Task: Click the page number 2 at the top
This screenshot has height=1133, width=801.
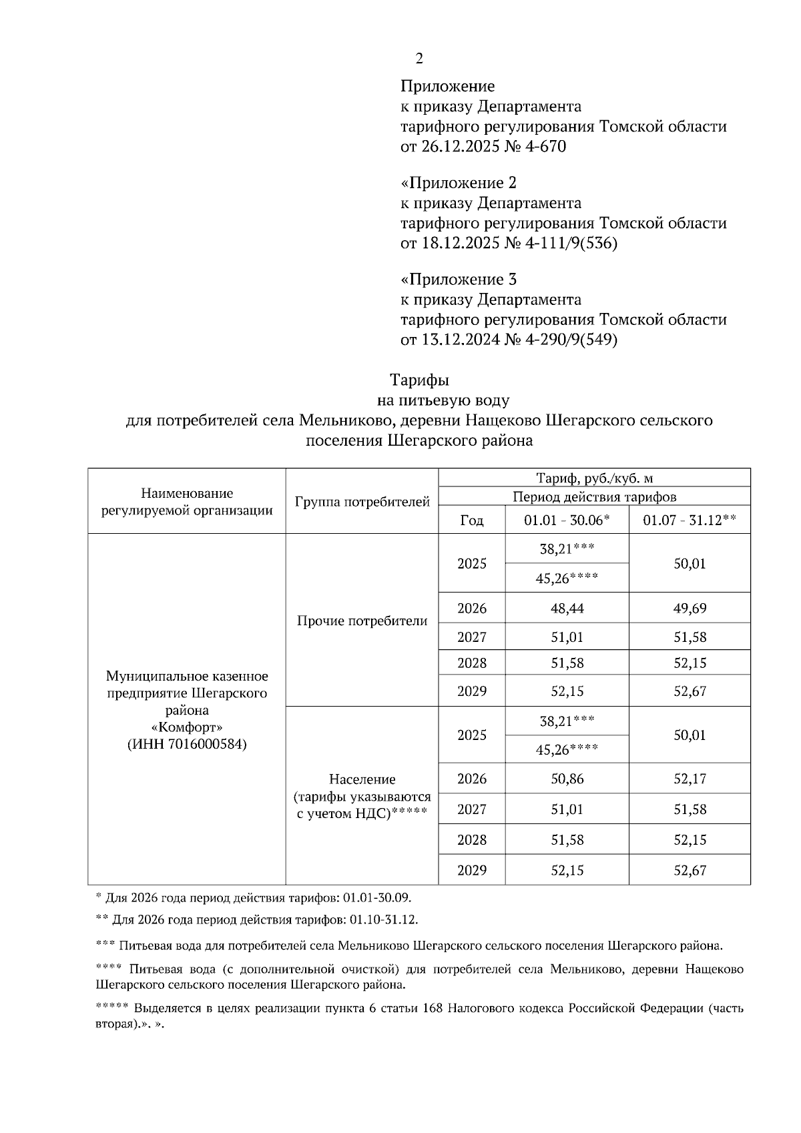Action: [419, 59]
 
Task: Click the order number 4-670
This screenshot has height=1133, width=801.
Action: [545, 146]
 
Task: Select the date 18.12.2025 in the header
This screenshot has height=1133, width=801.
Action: [460, 244]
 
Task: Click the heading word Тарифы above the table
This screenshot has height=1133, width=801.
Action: [419, 380]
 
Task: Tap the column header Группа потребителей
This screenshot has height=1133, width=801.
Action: [362, 502]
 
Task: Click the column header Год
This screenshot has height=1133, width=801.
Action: [471, 520]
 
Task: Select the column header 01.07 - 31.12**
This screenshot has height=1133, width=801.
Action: [690, 520]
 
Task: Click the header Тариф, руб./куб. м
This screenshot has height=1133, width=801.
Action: [594, 478]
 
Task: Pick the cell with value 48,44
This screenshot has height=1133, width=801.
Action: [567, 609]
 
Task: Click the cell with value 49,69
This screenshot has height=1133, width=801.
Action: [690, 609]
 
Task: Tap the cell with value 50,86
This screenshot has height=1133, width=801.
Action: [567, 779]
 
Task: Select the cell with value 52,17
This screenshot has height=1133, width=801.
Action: [690, 779]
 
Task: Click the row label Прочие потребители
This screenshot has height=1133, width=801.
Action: [362, 621]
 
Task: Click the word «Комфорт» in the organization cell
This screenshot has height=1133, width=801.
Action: [187, 727]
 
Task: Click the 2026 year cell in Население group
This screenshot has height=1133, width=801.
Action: [471, 779]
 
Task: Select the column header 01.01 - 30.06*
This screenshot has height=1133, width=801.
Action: [567, 520]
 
